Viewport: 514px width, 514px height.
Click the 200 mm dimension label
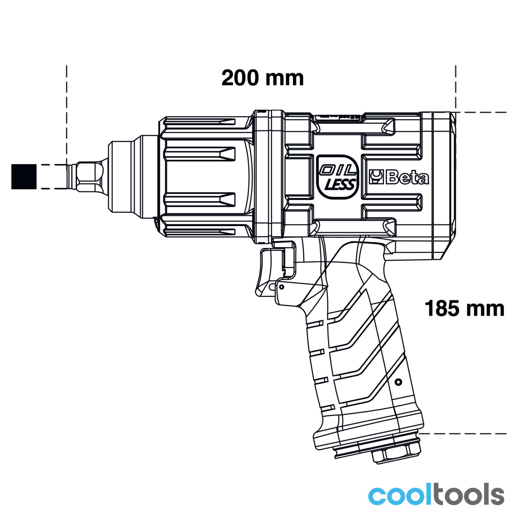pyautogui.click(x=263, y=78)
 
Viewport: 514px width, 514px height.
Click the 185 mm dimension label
pyautogui.click(x=464, y=308)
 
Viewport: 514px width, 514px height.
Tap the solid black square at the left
pyautogui.click(x=24, y=177)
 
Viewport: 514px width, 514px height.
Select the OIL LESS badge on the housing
pyautogui.click(x=338, y=177)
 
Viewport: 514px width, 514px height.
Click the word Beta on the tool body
pyautogui.click(x=407, y=178)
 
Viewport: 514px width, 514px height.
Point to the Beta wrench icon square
pyautogui.click(x=376, y=177)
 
